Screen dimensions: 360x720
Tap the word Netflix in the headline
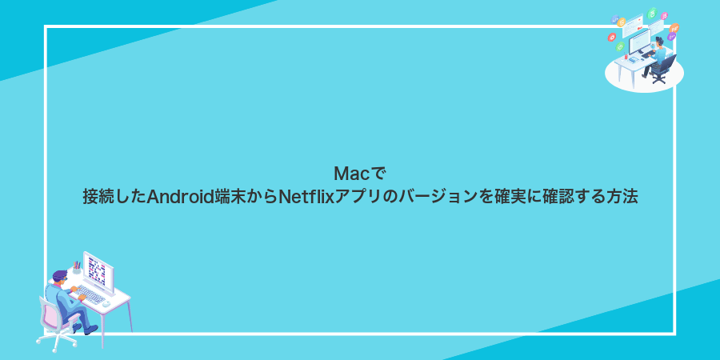pos(306,197)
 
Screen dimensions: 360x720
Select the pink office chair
pos(52,320)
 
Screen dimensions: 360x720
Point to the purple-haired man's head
pos(61,277)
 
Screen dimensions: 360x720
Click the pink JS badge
pos(665,15)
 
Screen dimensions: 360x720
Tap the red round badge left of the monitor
pos(612,36)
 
